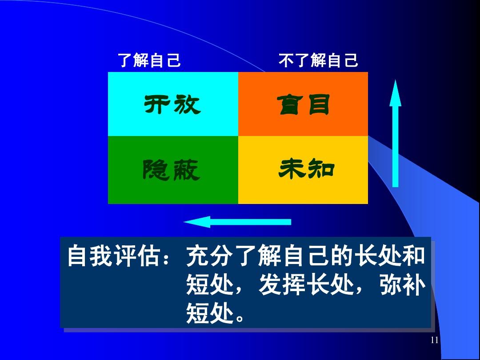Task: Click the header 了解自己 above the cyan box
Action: (149, 60)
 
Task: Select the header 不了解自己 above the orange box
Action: (318, 60)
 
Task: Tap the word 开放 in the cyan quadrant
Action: (172, 104)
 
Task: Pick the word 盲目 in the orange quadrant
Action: (303, 104)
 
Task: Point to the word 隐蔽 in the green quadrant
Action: (172, 170)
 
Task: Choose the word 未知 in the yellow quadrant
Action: (306, 169)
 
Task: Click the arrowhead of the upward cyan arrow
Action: (395, 93)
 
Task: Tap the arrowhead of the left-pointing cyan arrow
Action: (197, 222)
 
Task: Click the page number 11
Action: (434, 340)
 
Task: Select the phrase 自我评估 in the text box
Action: (114, 256)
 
